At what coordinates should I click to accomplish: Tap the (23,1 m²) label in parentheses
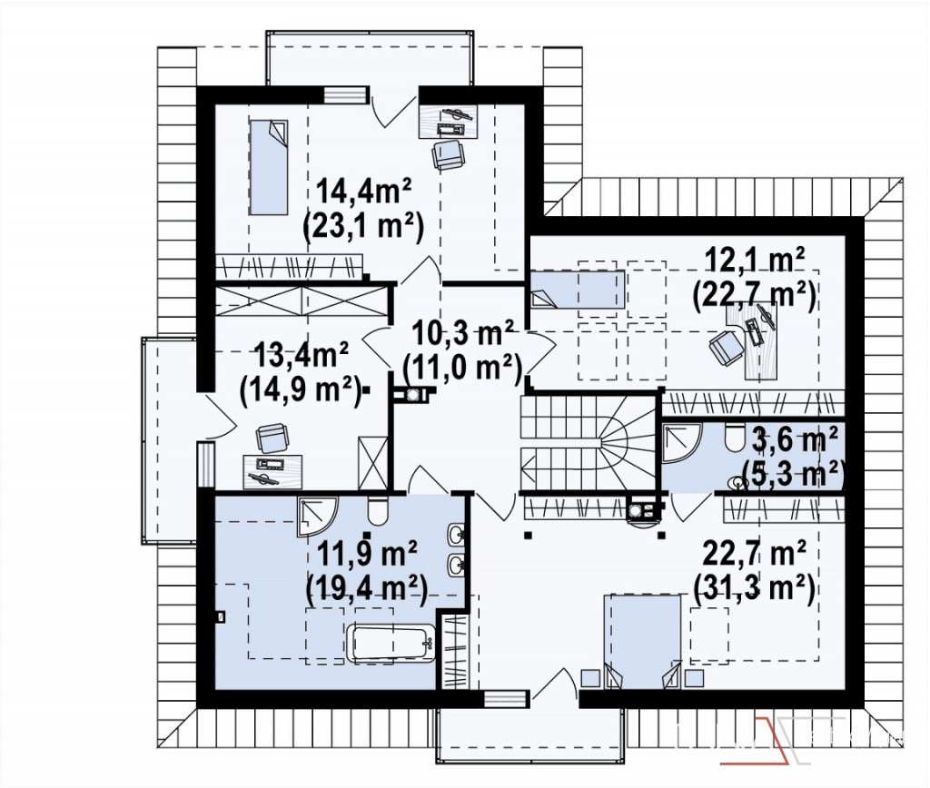pos(362,226)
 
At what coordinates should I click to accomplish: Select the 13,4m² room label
pos(301,355)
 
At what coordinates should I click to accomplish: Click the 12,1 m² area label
pos(755,260)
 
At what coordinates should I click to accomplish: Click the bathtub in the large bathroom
pos(391,642)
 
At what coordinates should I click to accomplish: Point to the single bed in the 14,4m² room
pos(269,167)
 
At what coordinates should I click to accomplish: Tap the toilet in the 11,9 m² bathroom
pos(377,510)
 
